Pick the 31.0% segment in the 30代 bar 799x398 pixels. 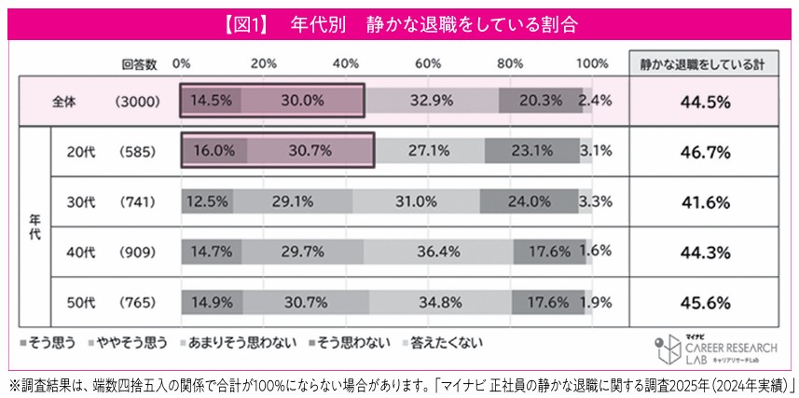coord(416,200)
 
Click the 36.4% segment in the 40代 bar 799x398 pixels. coord(437,251)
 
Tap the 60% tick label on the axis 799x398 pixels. coord(428,63)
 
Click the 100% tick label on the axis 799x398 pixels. coord(591,63)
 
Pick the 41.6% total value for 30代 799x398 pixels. coord(710,200)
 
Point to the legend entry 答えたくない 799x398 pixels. coord(447,342)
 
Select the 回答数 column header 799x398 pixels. coord(139,63)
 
